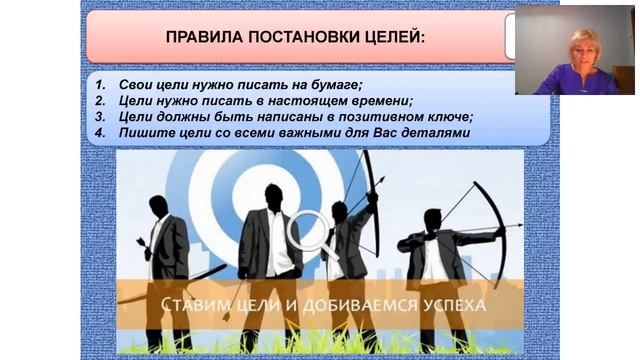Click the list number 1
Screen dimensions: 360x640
coord(101,85)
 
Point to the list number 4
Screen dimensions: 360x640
coord(101,131)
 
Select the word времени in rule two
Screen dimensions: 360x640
coord(379,100)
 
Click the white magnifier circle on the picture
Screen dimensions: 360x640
coord(309,230)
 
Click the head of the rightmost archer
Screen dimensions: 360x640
coord(432,219)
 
